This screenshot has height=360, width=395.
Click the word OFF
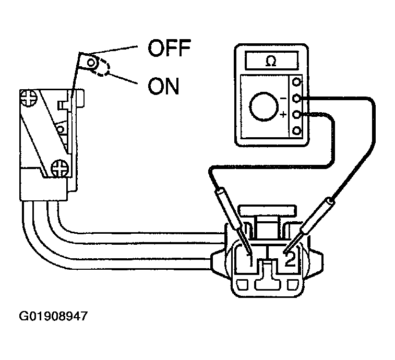(x=170, y=50)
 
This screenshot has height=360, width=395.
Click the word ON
(x=163, y=87)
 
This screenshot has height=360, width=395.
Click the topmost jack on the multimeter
(x=297, y=82)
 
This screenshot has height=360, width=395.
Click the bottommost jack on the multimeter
(x=297, y=130)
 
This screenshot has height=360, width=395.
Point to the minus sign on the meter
(x=284, y=98)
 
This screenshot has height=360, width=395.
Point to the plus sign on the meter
(x=283, y=114)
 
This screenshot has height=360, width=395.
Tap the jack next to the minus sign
(x=297, y=98)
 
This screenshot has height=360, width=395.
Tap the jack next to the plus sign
(x=297, y=114)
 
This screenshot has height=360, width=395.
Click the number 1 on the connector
(x=250, y=259)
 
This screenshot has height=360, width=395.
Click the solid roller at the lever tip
(x=92, y=63)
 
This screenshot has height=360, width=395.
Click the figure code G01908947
(x=53, y=316)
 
